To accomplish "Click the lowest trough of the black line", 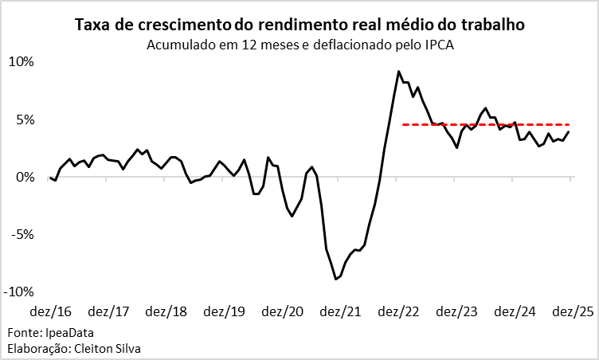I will [336, 279].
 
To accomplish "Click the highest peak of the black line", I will [398, 72].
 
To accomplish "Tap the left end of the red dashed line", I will [403, 124].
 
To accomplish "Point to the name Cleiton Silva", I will [104, 348].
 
